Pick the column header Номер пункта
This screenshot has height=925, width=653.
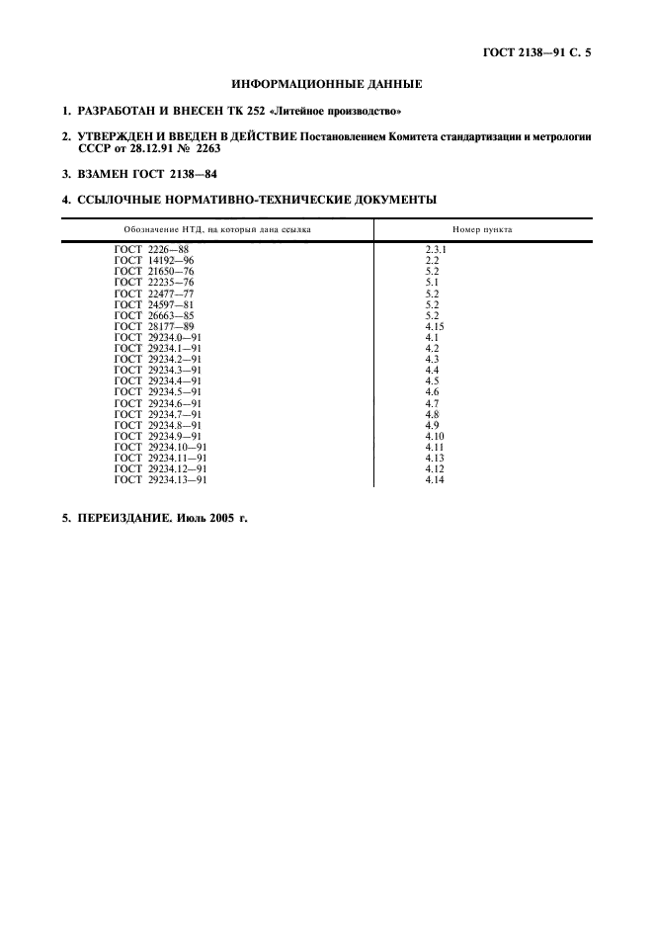[x=482, y=229]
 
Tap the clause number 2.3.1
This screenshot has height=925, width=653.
[x=436, y=250]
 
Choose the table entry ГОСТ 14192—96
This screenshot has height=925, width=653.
[x=154, y=260]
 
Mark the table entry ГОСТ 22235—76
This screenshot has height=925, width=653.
[x=154, y=282]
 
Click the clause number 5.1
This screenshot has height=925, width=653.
[x=432, y=282]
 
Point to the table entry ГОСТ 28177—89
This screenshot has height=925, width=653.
[x=154, y=325]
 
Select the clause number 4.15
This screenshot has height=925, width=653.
[x=435, y=325]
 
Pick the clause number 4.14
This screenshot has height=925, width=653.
[x=435, y=479]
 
